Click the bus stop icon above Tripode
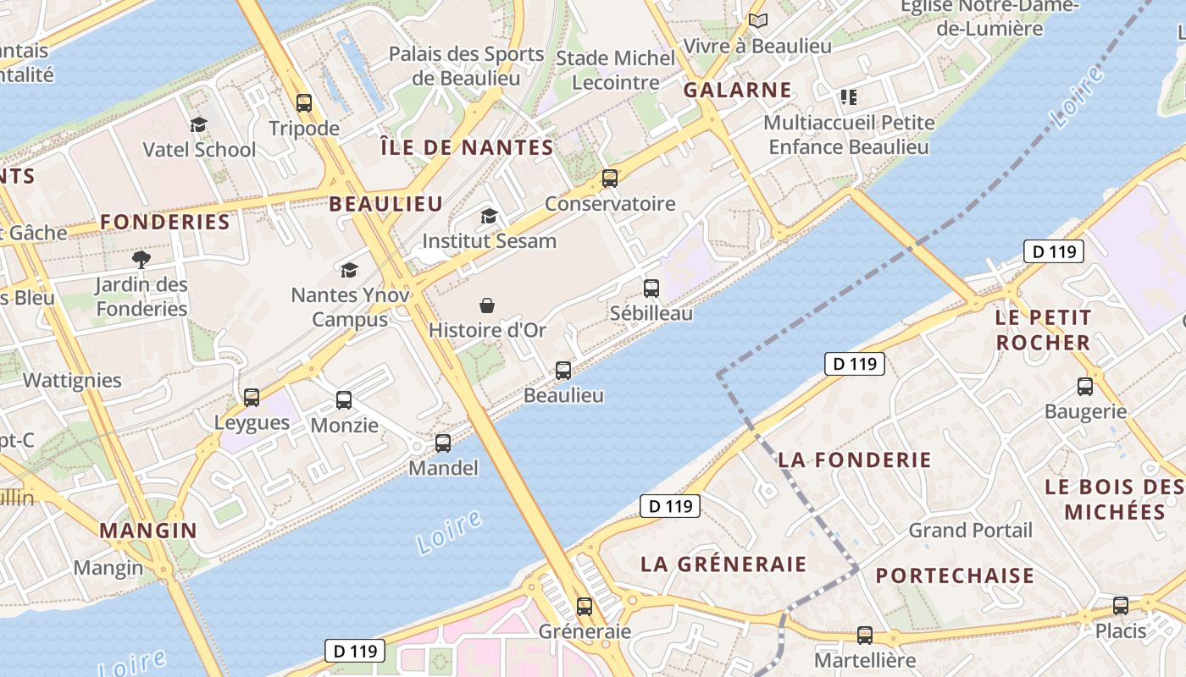pos(304,103)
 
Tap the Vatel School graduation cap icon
pos(198,124)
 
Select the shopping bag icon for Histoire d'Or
pos(487,305)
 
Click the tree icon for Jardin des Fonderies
pos(141,259)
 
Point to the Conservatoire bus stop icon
pos(609,179)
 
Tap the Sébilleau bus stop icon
pos(651,289)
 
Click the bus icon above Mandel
pos(442,443)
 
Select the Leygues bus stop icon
pos(252,398)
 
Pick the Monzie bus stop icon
pos(343,400)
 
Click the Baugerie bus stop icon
pos(1084,387)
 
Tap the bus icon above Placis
pos(1120,606)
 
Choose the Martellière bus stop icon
pos(864,635)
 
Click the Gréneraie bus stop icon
pos(584,606)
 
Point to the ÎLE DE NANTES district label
pos(467,147)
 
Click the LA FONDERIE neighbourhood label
pos(854,460)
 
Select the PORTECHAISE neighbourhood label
pos(955,576)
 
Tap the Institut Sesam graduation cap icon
pos(489,217)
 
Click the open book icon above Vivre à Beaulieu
pos(757,20)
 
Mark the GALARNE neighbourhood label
pos(737,90)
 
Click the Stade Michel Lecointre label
pos(616,70)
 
